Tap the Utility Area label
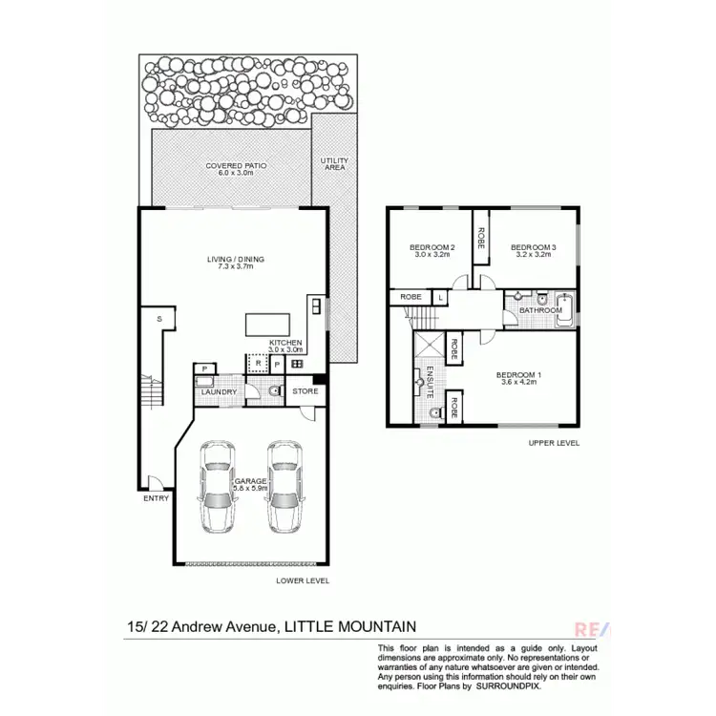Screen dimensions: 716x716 333,164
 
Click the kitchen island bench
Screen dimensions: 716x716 266,325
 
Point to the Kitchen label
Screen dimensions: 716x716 285,343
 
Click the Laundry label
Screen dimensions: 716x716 221,391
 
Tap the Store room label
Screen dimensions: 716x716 305,390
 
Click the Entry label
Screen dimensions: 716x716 155,498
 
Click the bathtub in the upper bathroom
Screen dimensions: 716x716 565,308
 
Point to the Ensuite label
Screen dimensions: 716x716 431,380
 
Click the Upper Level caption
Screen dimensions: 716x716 553,443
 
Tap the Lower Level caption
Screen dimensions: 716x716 301,579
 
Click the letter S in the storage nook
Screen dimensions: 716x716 158,317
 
